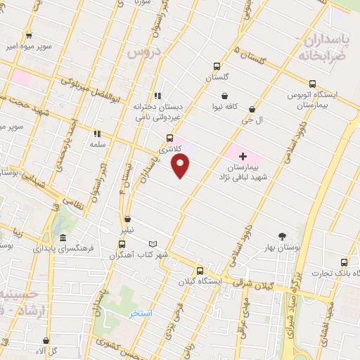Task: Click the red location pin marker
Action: tap(181, 166)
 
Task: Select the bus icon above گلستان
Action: tap(217, 67)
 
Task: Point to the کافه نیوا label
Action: tap(226, 107)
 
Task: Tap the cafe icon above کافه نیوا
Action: tap(224, 96)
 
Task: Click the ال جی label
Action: tap(262, 120)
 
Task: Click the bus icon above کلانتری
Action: tap(169, 138)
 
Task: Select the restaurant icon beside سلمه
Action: tap(97, 133)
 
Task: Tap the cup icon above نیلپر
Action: tap(127, 219)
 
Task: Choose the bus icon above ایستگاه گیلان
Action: tap(200, 270)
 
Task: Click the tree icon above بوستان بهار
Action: tap(282, 237)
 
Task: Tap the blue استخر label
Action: tap(141, 313)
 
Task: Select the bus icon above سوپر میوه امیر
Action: tap(29, 35)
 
